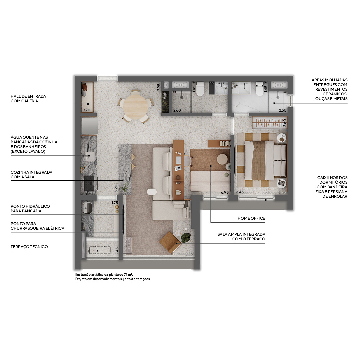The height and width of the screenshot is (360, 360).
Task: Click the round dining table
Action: click(x=135, y=106)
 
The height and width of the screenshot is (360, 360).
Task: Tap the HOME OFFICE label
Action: click(x=251, y=218)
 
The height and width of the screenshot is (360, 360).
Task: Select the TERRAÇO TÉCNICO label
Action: click(x=29, y=247)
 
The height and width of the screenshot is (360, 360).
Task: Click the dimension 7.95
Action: click(x=159, y=87)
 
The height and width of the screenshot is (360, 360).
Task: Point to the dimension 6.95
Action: click(x=225, y=192)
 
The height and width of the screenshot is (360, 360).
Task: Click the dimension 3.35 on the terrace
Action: click(x=189, y=254)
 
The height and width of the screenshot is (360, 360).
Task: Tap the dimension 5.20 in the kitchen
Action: click(x=116, y=188)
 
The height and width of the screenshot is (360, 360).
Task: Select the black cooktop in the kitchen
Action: click(x=89, y=183)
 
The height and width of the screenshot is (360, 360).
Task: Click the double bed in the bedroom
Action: click(x=265, y=160)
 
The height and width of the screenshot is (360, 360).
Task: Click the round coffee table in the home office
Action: click(x=222, y=159)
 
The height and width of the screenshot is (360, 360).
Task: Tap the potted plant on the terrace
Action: click(x=186, y=237)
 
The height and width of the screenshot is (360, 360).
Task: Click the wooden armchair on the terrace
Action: click(x=170, y=243)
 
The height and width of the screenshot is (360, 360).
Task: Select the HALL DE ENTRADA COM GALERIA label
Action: click(x=28, y=98)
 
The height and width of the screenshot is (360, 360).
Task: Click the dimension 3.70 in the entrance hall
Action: click(x=87, y=110)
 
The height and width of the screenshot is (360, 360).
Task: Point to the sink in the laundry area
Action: click(x=87, y=208)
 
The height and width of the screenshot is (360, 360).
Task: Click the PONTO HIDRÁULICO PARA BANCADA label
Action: click(x=30, y=208)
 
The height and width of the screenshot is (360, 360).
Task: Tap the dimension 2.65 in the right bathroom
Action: click(x=283, y=110)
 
